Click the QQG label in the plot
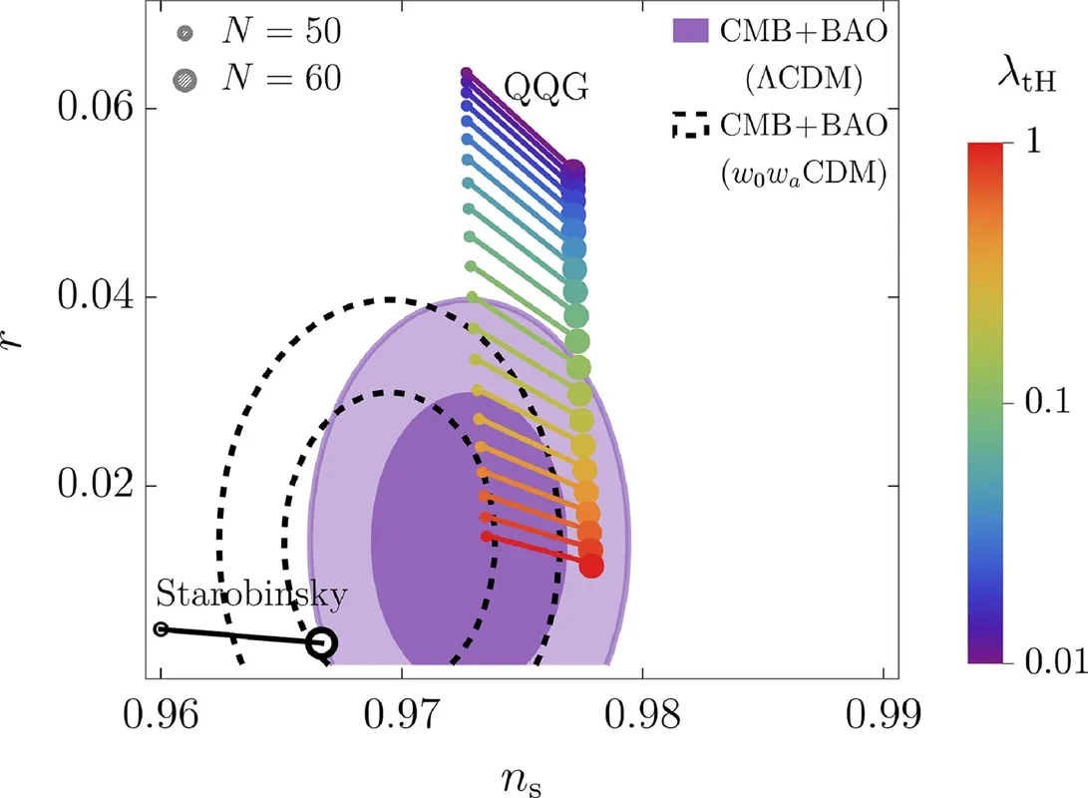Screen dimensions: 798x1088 tap(544, 89)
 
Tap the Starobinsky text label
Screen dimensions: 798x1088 tap(251, 597)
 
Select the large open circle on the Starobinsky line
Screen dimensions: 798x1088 tap(320, 643)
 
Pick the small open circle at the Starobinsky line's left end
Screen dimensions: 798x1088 tap(161, 628)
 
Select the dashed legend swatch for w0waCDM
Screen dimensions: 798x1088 tap(691, 127)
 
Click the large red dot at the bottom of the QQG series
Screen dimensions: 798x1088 tap(591, 566)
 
